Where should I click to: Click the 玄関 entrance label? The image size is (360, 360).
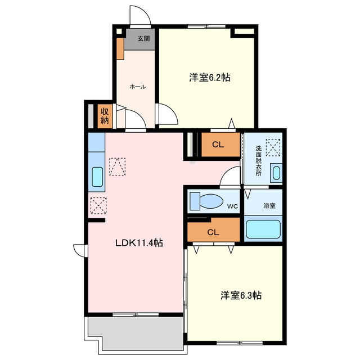144,39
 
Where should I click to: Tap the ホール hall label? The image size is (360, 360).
138,87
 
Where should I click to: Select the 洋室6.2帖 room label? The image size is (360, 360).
210,78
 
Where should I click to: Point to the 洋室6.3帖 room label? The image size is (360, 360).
241,295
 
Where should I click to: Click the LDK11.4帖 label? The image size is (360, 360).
139,242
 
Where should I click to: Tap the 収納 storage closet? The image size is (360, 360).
105,116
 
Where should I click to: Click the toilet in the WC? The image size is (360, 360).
206,201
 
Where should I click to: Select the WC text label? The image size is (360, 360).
232,206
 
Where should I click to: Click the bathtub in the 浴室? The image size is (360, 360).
263,229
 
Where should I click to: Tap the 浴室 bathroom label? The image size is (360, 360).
269,205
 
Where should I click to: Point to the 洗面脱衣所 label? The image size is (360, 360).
259,160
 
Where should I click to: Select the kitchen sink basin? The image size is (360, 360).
97,177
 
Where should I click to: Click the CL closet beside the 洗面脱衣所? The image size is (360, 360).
220,145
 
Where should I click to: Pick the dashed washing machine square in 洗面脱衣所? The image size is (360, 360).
273,147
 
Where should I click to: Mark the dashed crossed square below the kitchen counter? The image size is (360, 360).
98,206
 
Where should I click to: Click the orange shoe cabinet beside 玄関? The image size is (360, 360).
120,49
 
